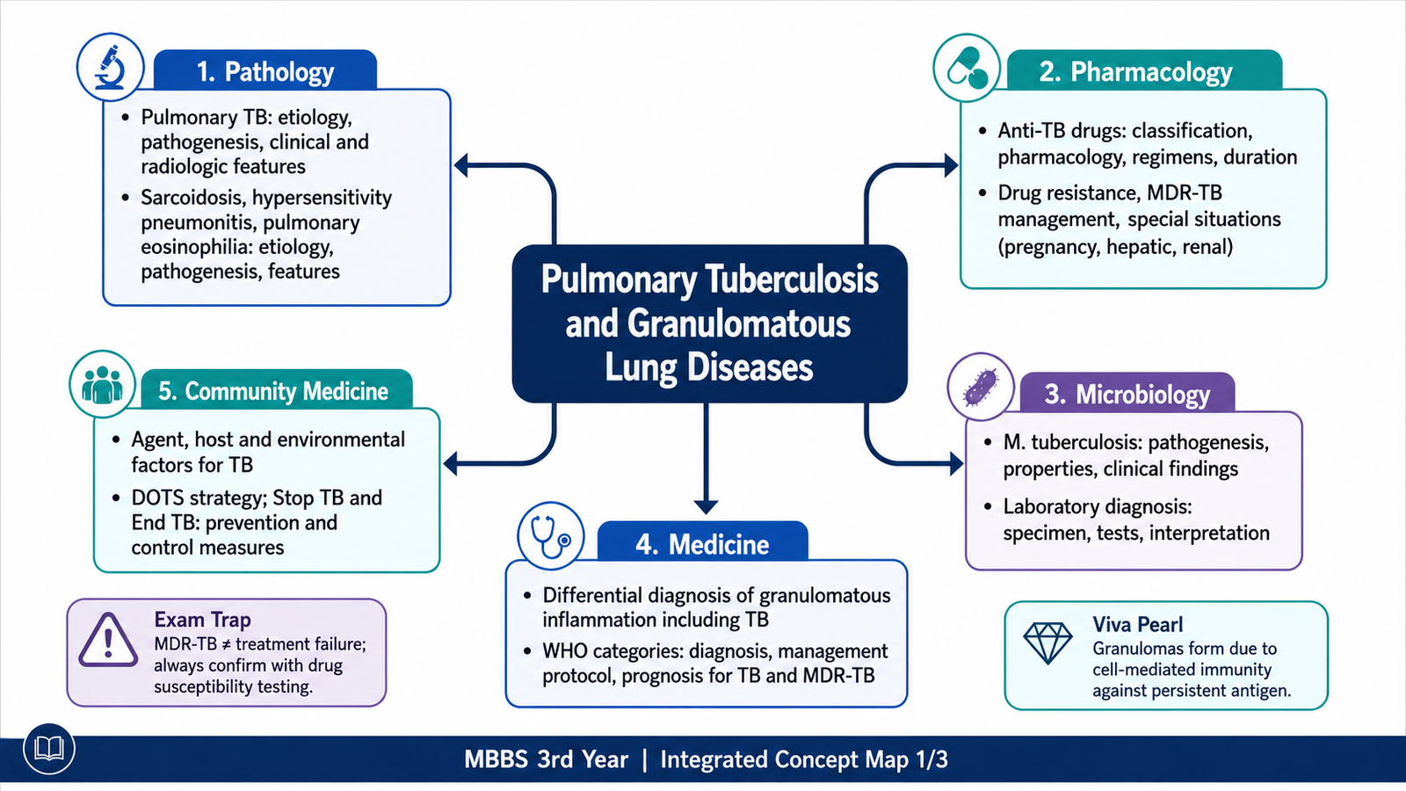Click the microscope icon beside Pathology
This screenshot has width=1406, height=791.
111,67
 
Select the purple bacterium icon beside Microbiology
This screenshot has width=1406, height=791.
981,387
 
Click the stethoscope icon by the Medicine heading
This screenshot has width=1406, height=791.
550,536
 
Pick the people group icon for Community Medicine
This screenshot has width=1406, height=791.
102,383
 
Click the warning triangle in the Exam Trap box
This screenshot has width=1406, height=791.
108,641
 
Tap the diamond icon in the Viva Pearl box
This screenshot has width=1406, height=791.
1047,642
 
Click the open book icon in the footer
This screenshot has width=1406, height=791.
49,748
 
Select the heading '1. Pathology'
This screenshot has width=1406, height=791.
265,71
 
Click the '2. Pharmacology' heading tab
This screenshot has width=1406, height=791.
1136,71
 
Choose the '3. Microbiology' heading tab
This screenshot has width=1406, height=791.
1127,395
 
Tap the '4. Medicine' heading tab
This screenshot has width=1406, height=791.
702,544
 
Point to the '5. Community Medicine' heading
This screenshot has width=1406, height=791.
273,390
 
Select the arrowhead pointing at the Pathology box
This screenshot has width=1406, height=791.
461,166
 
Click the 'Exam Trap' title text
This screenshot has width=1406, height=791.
202,620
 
